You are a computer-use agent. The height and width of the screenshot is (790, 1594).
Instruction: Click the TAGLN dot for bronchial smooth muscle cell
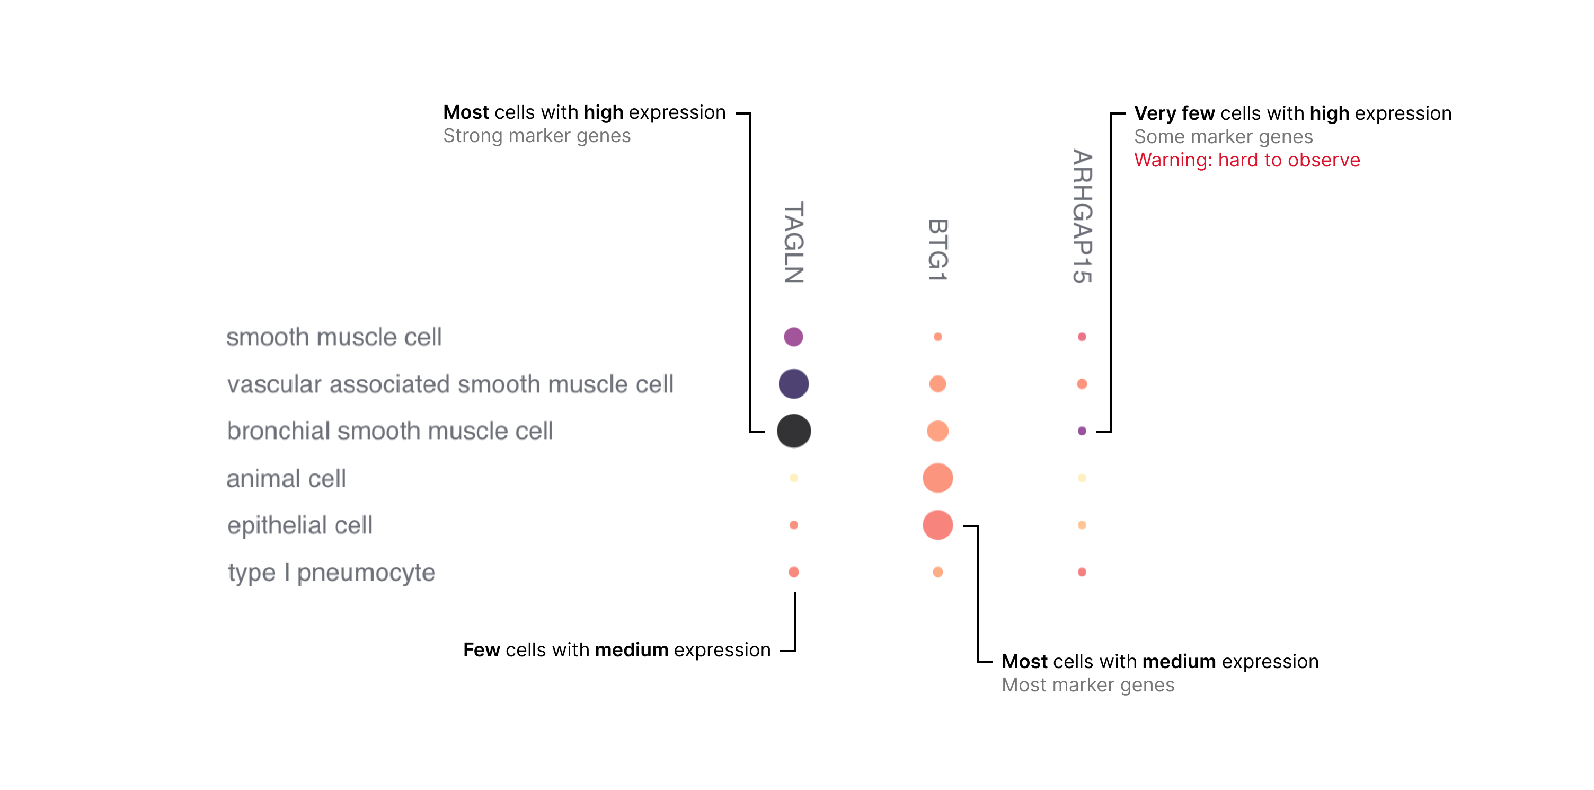click(x=793, y=431)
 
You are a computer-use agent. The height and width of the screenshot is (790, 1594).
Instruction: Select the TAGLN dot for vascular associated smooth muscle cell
click(x=793, y=384)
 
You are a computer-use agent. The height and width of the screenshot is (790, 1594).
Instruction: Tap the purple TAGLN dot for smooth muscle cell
click(x=793, y=337)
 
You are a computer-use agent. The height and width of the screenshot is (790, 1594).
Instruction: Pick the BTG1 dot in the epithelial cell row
click(x=937, y=525)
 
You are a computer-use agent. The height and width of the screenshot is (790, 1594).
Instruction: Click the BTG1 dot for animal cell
click(x=937, y=478)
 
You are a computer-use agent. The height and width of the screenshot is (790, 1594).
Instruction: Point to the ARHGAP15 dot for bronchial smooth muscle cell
click(x=1082, y=431)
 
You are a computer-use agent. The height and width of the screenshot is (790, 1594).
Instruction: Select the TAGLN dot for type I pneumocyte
click(x=793, y=572)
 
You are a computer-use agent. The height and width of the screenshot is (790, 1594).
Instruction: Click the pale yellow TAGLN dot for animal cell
click(x=793, y=478)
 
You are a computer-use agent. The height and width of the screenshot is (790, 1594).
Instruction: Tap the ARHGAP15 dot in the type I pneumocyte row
click(x=1082, y=572)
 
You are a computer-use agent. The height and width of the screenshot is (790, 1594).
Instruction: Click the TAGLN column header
click(x=794, y=243)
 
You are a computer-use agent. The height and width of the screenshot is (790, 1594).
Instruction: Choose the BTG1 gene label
click(x=937, y=250)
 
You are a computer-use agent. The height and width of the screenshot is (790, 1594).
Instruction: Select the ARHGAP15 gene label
click(x=1082, y=217)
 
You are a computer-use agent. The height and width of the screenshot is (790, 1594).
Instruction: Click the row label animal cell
click(x=286, y=479)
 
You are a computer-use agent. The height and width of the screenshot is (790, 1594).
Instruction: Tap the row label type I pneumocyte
click(x=331, y=573)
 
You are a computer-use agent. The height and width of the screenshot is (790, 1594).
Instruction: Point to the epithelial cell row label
click(x=299, y=525)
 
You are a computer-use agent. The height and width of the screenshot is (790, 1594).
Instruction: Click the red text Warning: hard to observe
click(x=1246, y=160)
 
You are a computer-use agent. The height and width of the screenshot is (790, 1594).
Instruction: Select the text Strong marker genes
click(x=536, y=136)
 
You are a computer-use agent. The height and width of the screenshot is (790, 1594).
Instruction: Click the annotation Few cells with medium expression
click(x=616, y=650)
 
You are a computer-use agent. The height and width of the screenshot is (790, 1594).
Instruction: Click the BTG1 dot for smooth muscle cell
click(x=937, y=337)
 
